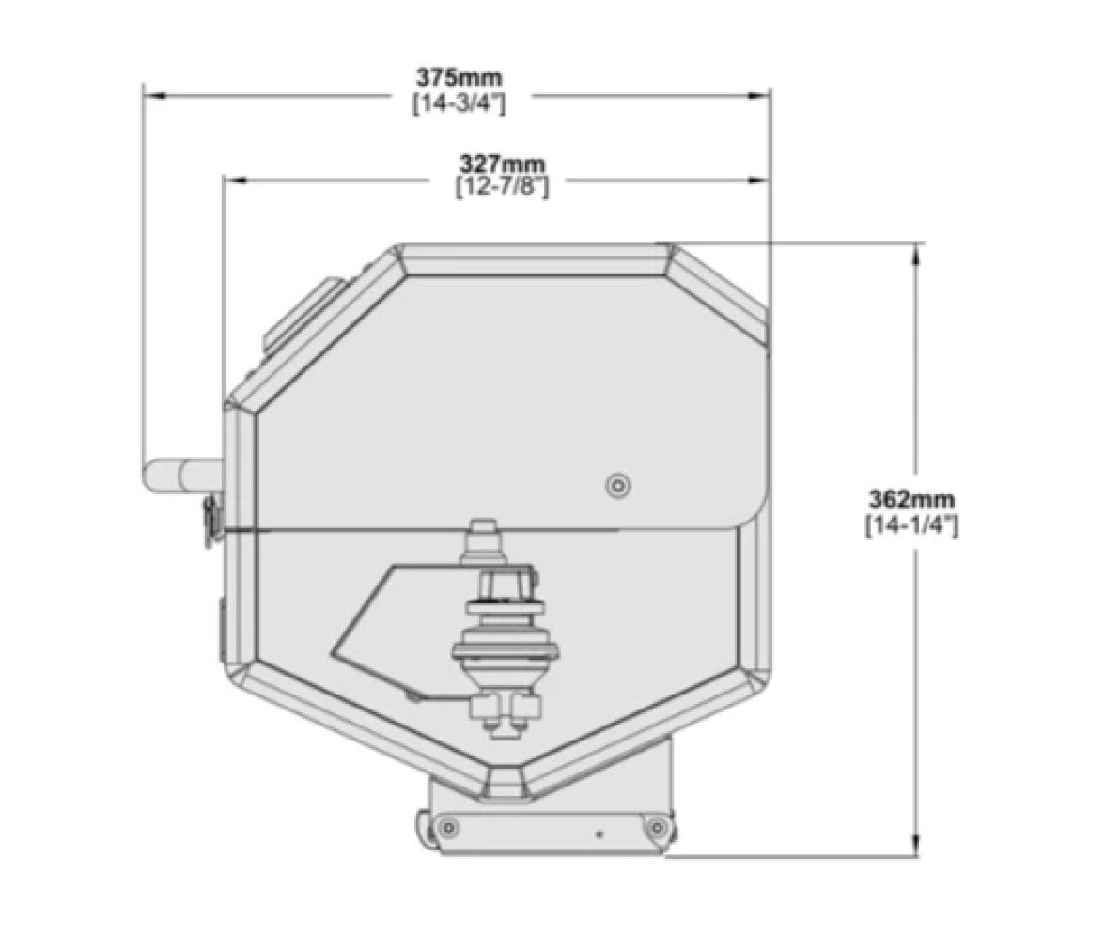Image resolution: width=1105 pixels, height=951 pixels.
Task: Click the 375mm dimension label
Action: point(459,76)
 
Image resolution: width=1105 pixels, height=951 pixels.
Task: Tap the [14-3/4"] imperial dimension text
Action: point(459,103)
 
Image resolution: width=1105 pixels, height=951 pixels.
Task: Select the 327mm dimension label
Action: point(503,164)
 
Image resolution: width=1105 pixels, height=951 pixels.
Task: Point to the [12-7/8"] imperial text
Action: point(503,188)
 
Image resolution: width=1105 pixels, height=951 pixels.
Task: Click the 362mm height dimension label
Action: point(911,499)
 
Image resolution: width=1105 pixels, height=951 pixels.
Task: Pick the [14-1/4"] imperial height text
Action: point(911,525)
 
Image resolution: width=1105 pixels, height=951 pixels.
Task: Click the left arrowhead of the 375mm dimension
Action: point(154,95)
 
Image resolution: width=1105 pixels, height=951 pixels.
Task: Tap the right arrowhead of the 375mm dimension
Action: point(759,95)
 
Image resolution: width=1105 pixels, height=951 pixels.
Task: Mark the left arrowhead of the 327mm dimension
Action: point(234,180)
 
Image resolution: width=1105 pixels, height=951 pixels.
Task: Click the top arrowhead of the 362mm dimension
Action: point(917,255)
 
